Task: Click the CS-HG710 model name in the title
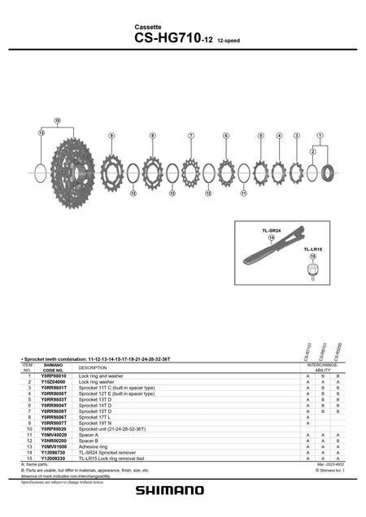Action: point(168,37)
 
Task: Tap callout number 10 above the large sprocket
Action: point(58,120)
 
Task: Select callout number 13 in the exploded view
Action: point(41,132)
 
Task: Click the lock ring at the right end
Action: point(331,172)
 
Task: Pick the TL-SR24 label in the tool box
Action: point(271,231)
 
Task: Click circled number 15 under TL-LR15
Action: point(312,256)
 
